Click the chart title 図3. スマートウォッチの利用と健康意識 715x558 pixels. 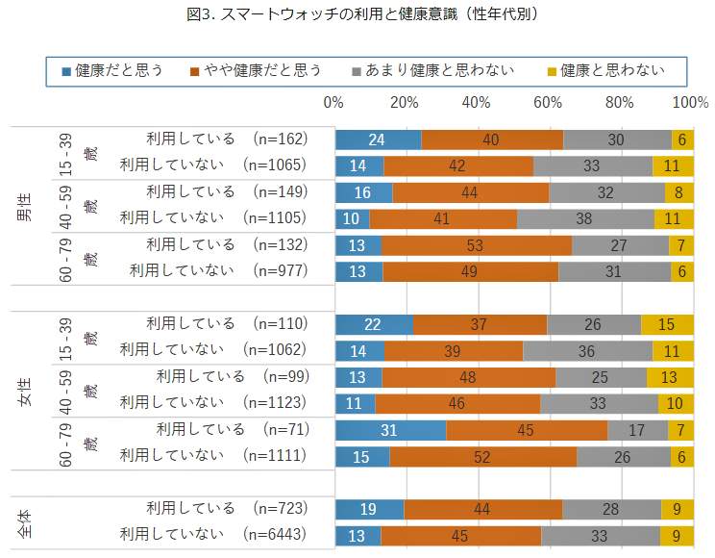[x=357, y=13]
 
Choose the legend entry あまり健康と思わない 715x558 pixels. [x=432, y=70]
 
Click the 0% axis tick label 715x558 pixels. [x=334, y=102]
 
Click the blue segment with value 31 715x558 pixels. [x=390, y=431]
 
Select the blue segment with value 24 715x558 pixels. [x=378, y=139]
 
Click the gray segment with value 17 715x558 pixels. [x=639, y=431]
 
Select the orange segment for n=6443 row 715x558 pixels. [x=460, y=535]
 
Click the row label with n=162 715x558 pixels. [x=225, y=139]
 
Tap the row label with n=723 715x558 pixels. [x=225, y=508]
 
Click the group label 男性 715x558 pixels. [x=26, y=206]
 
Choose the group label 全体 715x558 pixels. [x=26, y=522]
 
